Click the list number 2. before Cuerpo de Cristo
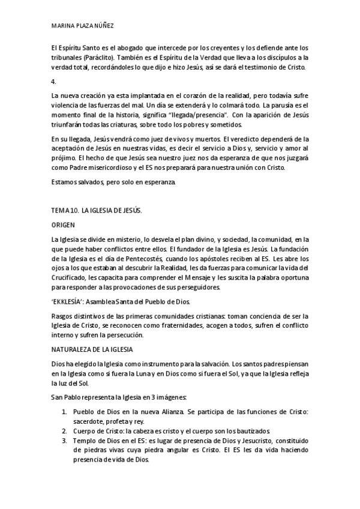point(64,432)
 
